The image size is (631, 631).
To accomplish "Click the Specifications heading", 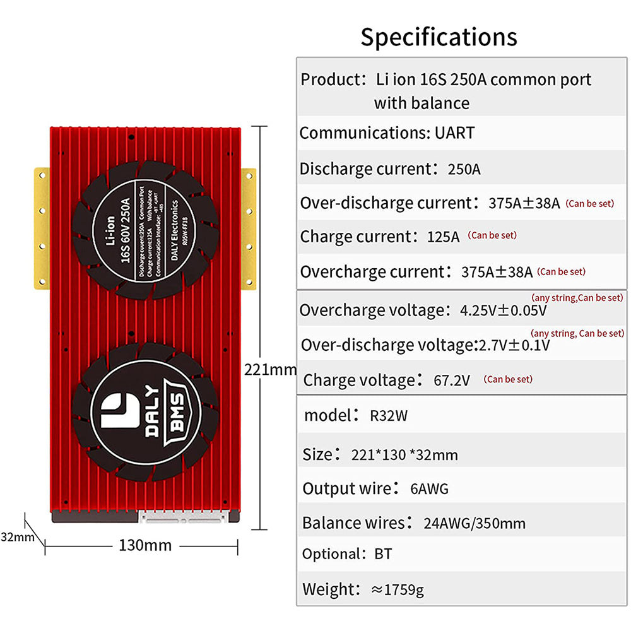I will (439, 37).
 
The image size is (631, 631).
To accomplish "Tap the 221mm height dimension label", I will (270, 369).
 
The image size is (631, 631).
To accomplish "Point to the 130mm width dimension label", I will (145, 545).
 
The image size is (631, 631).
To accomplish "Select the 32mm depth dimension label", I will (17, 537).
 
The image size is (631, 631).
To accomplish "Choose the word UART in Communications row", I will (454, 133).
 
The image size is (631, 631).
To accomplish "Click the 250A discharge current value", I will (464, 170).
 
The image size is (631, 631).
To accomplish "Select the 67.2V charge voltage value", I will (452, 380).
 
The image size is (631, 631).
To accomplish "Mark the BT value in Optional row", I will (382, 554).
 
